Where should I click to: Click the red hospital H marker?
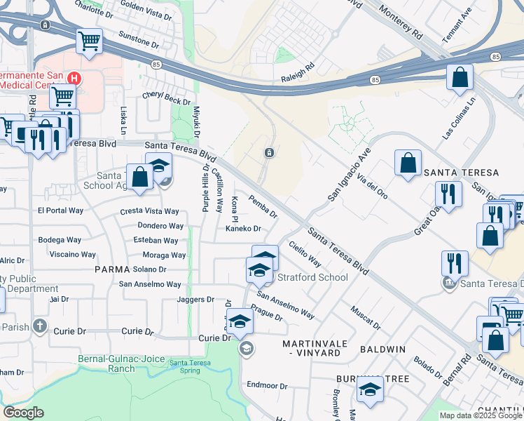tap(72, 78)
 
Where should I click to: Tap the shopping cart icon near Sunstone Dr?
tap(90, 42)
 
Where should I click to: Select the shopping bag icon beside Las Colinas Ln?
tap(460, 78)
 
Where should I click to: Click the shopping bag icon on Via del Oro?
tap(408, 163)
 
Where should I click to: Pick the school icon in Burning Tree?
tap(370, 389)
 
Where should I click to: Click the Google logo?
tap(23, 413)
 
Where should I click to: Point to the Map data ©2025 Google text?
tap(480, 415)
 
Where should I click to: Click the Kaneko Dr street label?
tap(242, 229)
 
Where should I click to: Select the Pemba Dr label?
tap(263, 206)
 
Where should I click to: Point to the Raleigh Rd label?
tap(298, 69)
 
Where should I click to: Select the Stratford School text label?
tap(312, 277)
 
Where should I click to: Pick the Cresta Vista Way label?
tap(150, 211)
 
